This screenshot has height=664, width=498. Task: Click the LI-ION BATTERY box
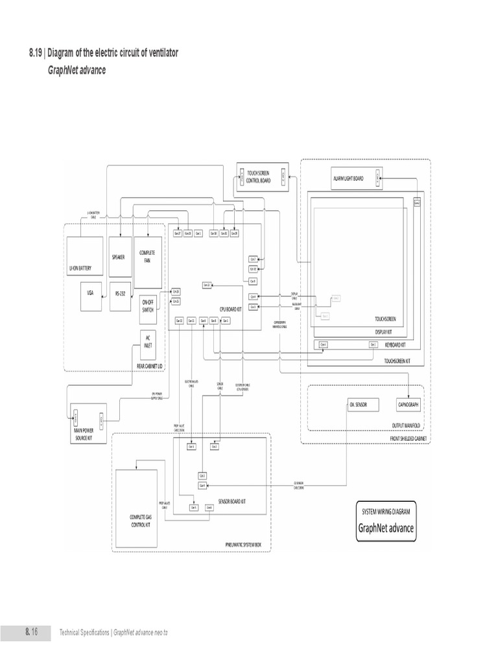pos(84,257)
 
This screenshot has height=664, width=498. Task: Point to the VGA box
pos(90,293)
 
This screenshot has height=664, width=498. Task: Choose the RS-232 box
pos(121,293)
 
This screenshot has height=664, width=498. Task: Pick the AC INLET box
pos(149,340)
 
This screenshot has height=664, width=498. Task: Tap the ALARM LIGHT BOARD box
pos(348,178)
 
